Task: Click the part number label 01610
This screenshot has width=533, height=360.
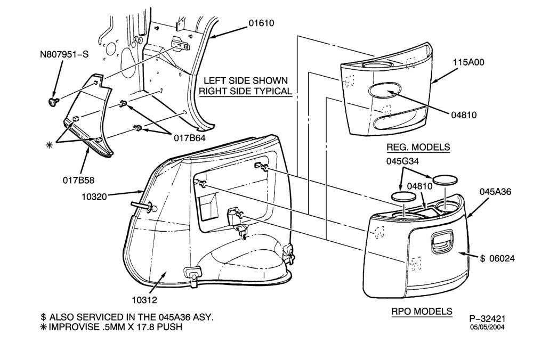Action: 261,23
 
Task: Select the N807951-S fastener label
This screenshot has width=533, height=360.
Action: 64,54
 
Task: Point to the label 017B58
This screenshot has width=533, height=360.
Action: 78,180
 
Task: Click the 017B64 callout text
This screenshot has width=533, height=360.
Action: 190,138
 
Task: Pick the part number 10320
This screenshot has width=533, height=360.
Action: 94,197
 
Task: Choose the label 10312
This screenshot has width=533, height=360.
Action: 144,300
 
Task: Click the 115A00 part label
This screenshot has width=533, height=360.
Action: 469,62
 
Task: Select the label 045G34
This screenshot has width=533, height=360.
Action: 402,161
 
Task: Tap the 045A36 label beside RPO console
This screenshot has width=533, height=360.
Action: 495,192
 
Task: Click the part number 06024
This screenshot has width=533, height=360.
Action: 502,258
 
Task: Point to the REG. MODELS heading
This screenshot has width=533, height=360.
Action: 418,147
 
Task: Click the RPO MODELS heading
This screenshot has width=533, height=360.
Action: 422,311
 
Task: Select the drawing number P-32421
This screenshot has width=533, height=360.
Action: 487,318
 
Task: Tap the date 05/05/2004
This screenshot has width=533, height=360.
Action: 487,328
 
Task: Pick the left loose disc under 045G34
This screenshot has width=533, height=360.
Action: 404,196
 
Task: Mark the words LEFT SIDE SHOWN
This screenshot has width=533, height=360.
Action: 245,80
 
